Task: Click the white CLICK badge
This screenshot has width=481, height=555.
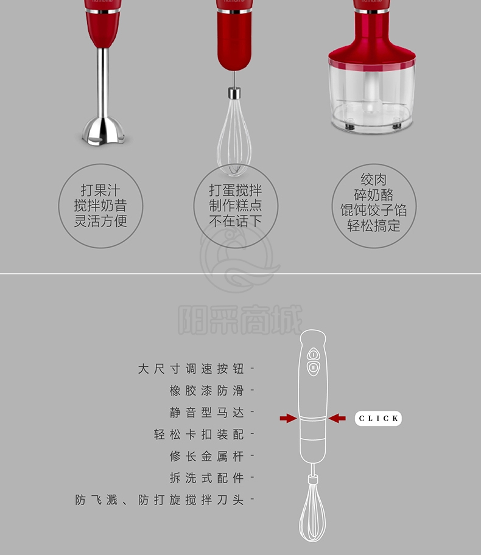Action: click(x=378, y=418)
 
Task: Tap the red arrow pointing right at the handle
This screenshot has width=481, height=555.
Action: click(x=289, y=418)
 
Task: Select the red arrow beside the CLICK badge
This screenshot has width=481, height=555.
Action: click(x=337, y=418)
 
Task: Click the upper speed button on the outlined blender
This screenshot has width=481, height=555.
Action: click(x=313, y=354)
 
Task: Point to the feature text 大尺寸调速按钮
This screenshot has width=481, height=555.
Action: click(x=191, y=369)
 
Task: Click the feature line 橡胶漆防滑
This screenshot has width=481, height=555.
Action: click(x=207, y=391)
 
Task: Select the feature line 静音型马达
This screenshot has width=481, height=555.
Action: click(x=207, y=413)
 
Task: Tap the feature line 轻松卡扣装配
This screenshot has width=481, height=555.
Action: click(x=198, y=435)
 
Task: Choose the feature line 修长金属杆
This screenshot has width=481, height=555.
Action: click(x=207, y=456)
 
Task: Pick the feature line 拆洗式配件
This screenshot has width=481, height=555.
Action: click(x=207, y=478)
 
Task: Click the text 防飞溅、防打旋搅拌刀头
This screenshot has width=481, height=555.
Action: click(x=160, y=500)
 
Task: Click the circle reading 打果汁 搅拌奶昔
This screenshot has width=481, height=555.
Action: click(x=100, y=206)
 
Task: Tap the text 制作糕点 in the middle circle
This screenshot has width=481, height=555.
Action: click(x=236, y=205)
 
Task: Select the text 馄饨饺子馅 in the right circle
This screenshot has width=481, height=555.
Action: click(x=374, y=210)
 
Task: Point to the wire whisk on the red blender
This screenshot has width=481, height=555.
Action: click(x=234, y=134)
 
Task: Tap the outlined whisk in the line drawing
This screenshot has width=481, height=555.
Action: click(x=312, y=510)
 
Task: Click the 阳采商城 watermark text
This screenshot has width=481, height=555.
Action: click(x=240, y=319)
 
